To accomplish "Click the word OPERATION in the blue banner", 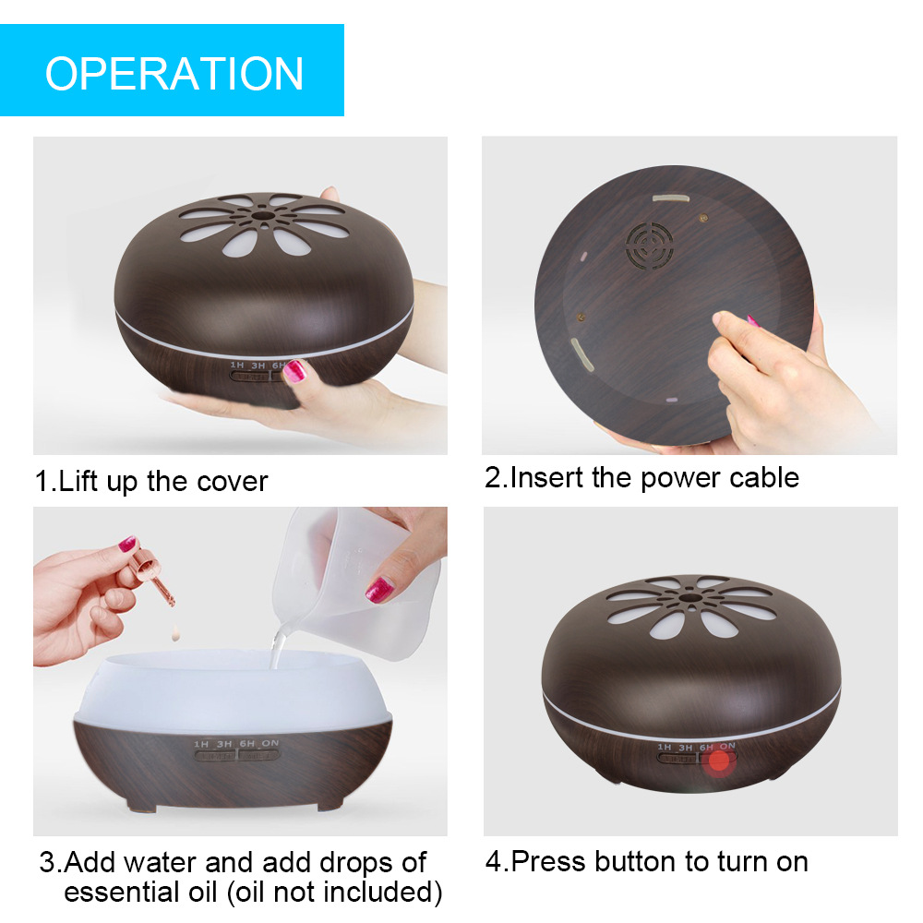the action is (x=174, y=74).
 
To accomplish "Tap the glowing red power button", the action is (x=719, y=761).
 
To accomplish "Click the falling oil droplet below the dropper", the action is (x=175, y=635).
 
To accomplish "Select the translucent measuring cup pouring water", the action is (x=356, y=582).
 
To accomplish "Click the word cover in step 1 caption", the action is (x=233, y=482).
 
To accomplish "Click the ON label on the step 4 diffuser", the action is (x=727, y=746).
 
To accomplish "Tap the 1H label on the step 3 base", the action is (x=201, y=744).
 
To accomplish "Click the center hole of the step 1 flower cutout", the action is (x=263, y=215).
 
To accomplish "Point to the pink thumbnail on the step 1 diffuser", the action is (x=295, y=371).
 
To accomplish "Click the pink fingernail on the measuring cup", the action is (x=379, y=590).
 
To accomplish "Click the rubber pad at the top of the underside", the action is (x=671, y=198).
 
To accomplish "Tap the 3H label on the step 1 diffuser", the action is (x=258, y=366).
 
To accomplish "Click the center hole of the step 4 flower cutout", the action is (x=689, y=598).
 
